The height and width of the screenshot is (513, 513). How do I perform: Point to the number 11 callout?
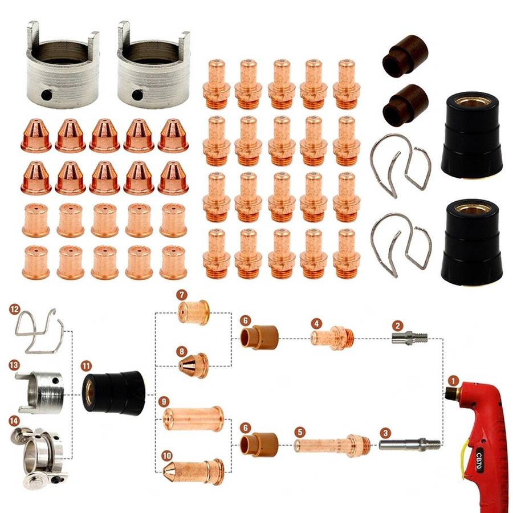tap(86, 365)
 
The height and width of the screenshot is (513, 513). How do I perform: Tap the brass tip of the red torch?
tap(450, 393)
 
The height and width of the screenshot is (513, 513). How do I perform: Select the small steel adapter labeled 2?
tap(410, 338)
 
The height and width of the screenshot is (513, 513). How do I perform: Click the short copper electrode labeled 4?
tap(333, 338)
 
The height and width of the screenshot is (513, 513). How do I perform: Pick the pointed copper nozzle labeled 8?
tap(194, 366)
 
